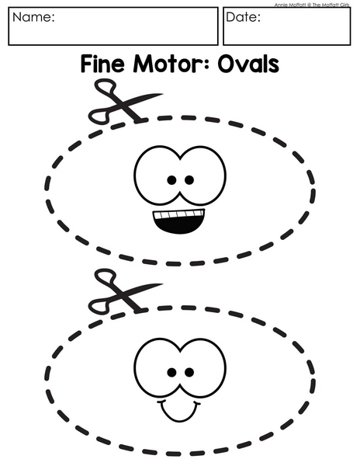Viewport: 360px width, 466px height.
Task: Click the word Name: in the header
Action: point(33,17)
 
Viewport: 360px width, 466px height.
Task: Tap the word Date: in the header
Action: point(243,17)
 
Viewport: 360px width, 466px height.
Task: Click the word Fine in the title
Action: point(102,64)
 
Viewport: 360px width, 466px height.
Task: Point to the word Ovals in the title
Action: point(248,64)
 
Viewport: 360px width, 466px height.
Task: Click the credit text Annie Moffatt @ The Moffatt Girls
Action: point(312,5)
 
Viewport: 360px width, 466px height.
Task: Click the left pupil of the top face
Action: point(171,180)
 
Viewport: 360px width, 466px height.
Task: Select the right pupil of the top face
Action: point(189,180)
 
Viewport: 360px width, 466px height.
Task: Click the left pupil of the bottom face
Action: point(171,372)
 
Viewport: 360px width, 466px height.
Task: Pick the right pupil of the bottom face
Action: point(189,372)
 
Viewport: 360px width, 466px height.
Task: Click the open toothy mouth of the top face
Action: point(179,221)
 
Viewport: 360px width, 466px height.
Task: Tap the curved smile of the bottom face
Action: point(179,412)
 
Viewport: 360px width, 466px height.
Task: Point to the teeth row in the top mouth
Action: point(179,214)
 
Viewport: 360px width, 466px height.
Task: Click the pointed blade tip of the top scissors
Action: point(162,95)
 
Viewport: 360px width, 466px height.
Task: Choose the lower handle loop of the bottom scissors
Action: point(99,307)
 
